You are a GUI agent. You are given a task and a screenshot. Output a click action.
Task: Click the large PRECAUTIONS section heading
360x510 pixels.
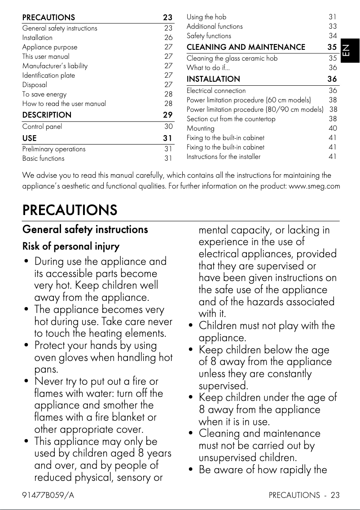coord(70,210)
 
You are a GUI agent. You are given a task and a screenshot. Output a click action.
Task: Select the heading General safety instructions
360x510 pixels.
coord(85,229)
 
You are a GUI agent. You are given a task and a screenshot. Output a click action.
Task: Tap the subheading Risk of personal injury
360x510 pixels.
coord(71,246)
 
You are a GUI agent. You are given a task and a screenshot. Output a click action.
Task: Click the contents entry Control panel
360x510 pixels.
coord(42,127)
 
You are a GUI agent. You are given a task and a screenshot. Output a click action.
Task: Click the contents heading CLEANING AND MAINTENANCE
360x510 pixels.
coord(246,47)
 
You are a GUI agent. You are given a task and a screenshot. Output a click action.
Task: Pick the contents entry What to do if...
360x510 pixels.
coord(208,68)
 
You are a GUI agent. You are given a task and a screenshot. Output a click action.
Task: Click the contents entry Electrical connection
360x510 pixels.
coord(216,91)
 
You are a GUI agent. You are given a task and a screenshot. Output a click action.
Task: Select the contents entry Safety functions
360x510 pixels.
coord(209,36)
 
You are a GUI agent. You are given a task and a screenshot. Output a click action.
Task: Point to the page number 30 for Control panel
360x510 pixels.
coord(168,127)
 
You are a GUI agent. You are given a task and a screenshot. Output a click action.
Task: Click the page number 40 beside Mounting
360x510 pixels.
coord(333,128)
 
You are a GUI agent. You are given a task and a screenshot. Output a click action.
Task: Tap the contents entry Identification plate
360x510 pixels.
coord(48,75)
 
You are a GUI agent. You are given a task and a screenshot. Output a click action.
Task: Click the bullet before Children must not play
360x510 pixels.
coord(192,325)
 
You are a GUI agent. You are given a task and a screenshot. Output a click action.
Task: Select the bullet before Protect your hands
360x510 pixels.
coord(27,346)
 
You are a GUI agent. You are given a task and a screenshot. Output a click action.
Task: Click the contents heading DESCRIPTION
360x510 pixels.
coord(47,115)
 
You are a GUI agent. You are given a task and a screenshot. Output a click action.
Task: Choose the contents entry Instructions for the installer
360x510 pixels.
coord(223,157)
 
